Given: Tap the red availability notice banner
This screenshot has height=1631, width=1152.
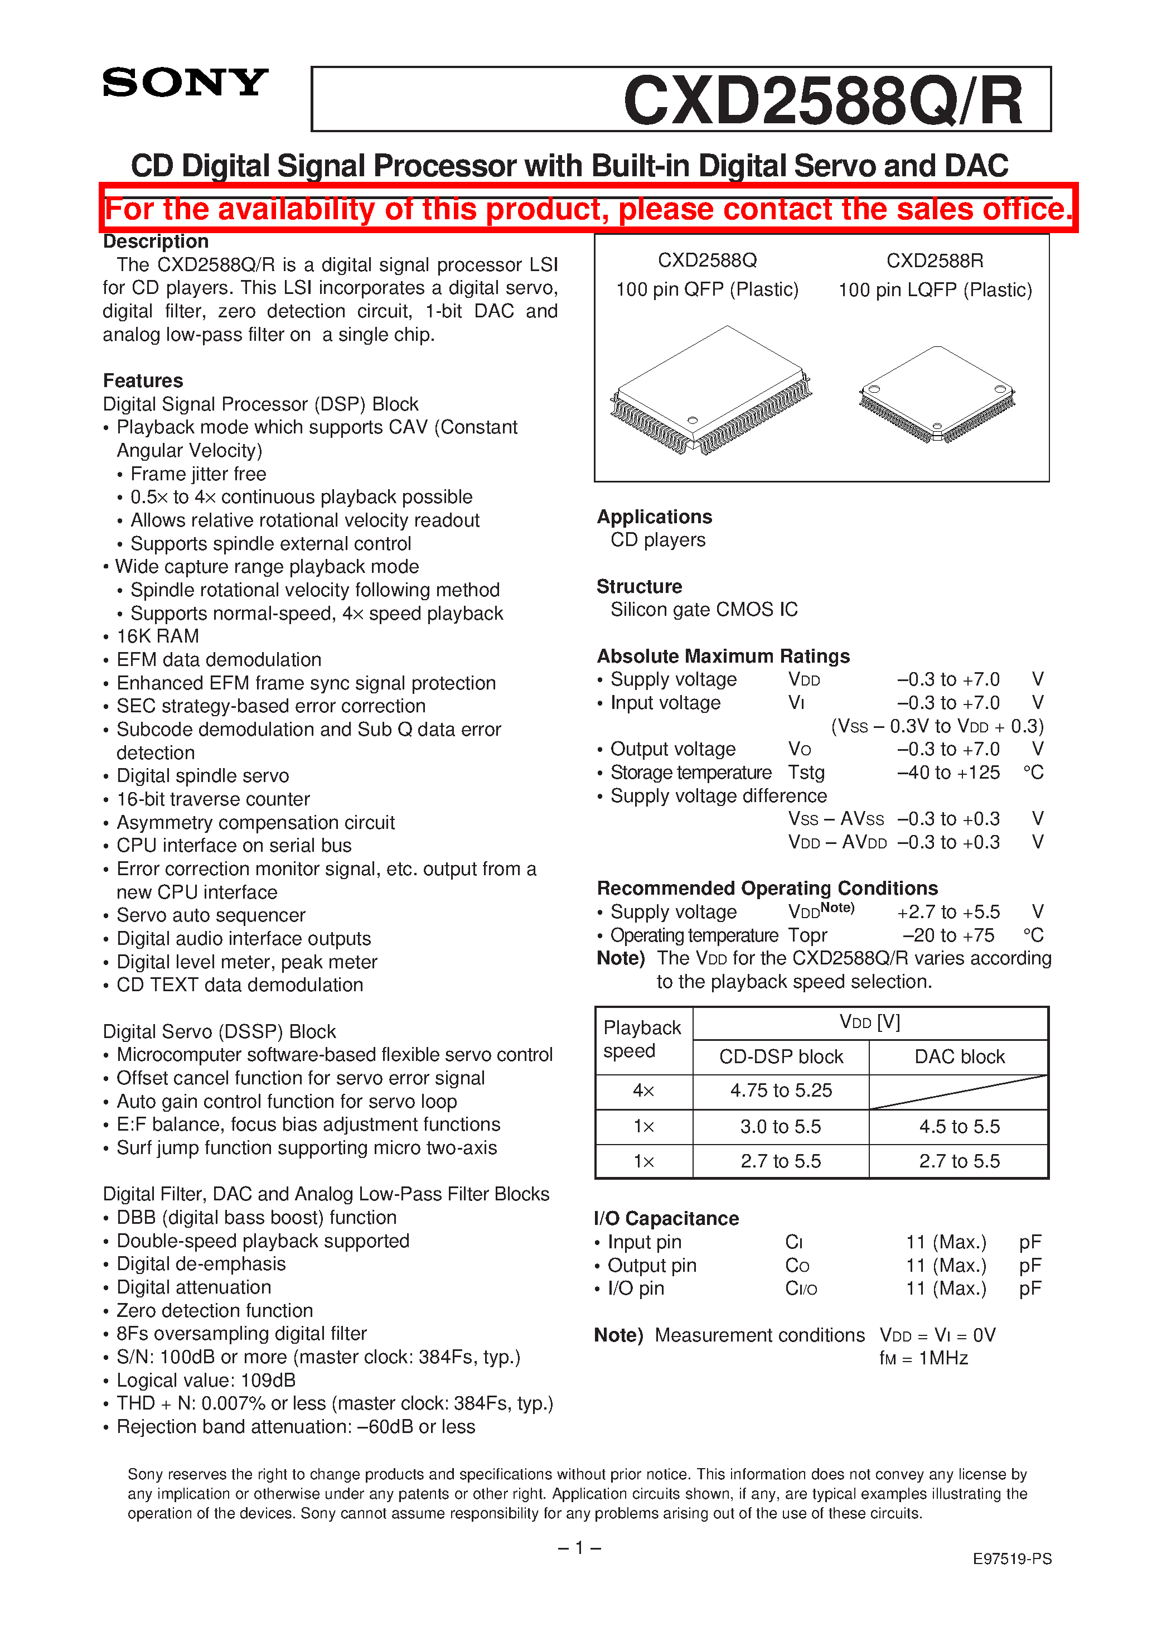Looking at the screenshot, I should (x=588, y=209).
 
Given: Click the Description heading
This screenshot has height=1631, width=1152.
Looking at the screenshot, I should (x=156, y=242).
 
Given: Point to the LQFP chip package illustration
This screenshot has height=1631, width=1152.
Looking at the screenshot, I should (x=937, y=395).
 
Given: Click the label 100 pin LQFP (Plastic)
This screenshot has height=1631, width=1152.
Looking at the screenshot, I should (x=935, y=290).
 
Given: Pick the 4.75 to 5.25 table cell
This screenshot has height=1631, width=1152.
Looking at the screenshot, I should (x=781, y=1090).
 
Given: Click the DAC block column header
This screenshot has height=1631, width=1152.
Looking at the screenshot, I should (x=959, y=1057).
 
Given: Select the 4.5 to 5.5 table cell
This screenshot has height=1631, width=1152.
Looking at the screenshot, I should (x=959, y=1127).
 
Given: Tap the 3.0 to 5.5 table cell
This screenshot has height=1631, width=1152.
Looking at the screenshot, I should (x=781, y=1127).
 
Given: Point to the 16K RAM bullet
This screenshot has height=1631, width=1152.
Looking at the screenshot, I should (x=158, y=636).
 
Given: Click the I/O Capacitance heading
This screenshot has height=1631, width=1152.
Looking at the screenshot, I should (x=666, y=1218).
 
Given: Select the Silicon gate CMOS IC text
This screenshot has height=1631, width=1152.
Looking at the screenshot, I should (x=704, y=610).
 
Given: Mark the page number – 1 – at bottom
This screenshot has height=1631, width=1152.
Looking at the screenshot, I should (x=579, y=1548).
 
